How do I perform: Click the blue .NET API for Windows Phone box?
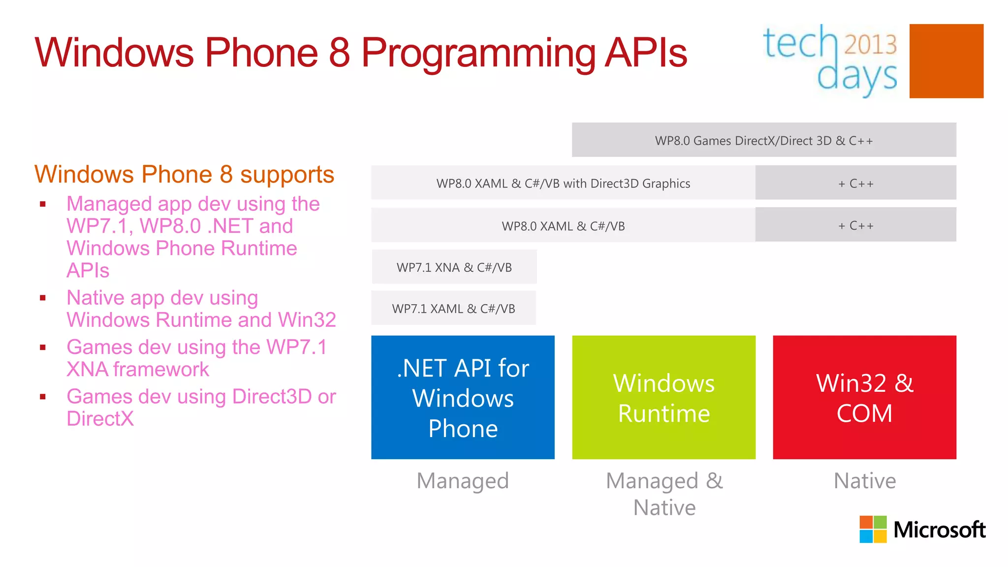[463, 397]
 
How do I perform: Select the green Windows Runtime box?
[663, 397]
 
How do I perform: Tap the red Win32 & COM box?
[864, 397]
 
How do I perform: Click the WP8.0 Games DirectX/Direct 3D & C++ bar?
[763, 140]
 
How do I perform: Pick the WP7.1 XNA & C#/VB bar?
[454, 267]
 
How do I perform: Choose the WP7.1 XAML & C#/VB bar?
[453, 308]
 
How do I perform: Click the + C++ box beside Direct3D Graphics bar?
[855, 183]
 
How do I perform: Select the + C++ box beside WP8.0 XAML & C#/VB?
[855, 225]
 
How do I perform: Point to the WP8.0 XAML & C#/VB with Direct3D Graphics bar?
[563, 183]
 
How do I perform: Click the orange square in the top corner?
[946, 61]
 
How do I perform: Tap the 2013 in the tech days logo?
[870, 45]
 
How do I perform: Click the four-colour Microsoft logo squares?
[873, 529]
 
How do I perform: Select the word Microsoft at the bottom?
[939, 530]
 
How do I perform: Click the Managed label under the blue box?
[462, 480]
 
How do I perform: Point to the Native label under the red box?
[864, 480]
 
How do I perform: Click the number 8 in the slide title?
[339, 53]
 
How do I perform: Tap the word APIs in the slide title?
[645, 53]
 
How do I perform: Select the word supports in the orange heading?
[287, 174]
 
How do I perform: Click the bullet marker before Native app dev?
[43, 298]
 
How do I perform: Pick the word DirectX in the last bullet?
[100, 419]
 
